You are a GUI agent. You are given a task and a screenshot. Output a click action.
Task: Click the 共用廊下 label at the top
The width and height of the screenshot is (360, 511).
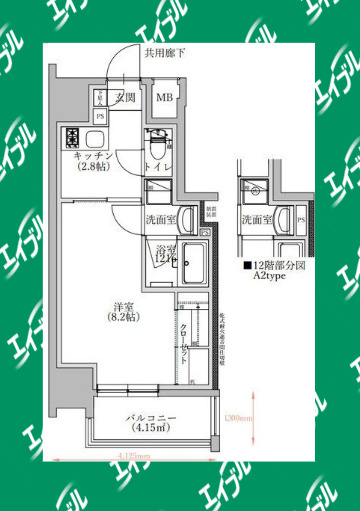point(162,54)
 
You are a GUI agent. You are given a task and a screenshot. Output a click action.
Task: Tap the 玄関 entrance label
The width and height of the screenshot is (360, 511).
point(125,97)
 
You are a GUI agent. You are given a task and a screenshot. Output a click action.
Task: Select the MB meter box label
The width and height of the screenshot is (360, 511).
point(164,97)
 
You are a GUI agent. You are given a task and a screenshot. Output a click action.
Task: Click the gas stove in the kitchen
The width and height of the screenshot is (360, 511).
point(74,136)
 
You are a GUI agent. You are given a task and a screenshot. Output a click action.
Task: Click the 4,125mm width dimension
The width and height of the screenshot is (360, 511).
point(132,457)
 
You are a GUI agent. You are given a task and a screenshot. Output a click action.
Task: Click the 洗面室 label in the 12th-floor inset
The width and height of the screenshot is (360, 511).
point(258,219)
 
